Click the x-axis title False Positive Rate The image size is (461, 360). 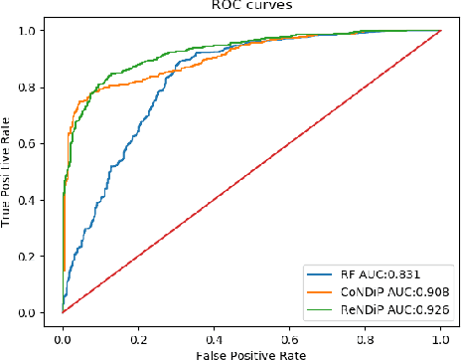click(252, 351)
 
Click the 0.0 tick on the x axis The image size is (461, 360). click(63, 329)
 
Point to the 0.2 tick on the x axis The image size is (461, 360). click(138, 329)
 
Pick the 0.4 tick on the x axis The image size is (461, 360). click(215, 329)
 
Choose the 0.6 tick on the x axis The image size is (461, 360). click(290, 329)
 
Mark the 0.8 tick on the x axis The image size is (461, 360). click(366, 329)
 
